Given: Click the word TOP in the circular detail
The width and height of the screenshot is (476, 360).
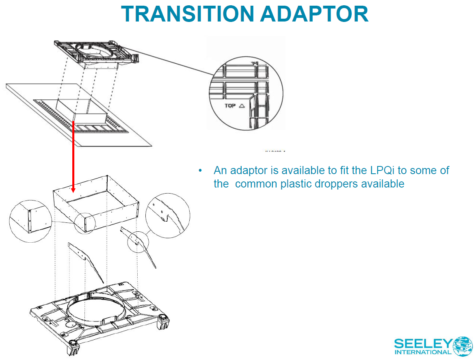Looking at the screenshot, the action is click(x=230, y=106).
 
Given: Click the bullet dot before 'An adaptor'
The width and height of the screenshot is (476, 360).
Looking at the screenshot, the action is click(x=200, y=170).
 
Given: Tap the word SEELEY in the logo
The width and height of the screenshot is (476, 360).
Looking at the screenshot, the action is click(x=423, y=343).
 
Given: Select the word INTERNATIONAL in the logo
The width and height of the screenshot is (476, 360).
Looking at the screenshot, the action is click(x=423, y=352).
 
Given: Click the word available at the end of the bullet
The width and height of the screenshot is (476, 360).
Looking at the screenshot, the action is click(x=381, y=184).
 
